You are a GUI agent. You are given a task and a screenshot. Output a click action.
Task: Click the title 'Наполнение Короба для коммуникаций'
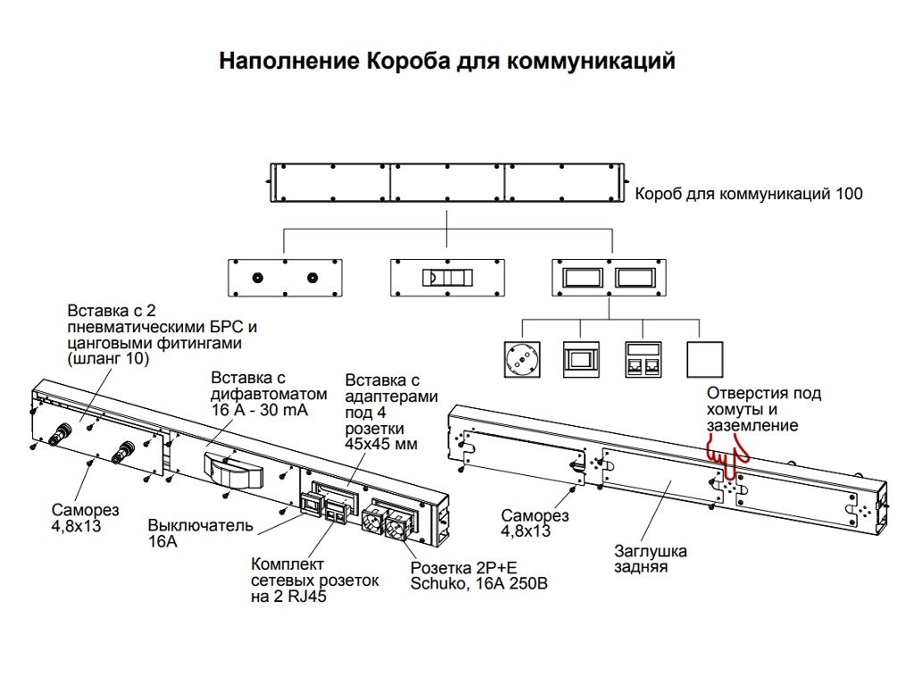click(447, 62)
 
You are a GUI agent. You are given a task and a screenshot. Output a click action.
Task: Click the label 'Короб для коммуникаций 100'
click(748, 194)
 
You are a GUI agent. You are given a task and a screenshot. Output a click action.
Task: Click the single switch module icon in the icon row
click(580, 360)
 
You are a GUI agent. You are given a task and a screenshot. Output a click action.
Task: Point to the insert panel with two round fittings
click(285, 278)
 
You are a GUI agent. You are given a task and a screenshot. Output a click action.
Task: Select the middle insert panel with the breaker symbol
click(446, 278)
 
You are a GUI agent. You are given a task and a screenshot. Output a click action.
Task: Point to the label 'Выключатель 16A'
click(201, 532)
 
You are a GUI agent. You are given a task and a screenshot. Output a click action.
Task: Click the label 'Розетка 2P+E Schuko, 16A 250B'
click(478, 576)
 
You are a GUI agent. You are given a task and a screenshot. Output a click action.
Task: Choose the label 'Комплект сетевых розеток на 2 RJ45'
click(314, 581)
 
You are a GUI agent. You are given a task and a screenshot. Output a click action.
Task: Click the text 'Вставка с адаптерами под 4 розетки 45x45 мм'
click(391, 412)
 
